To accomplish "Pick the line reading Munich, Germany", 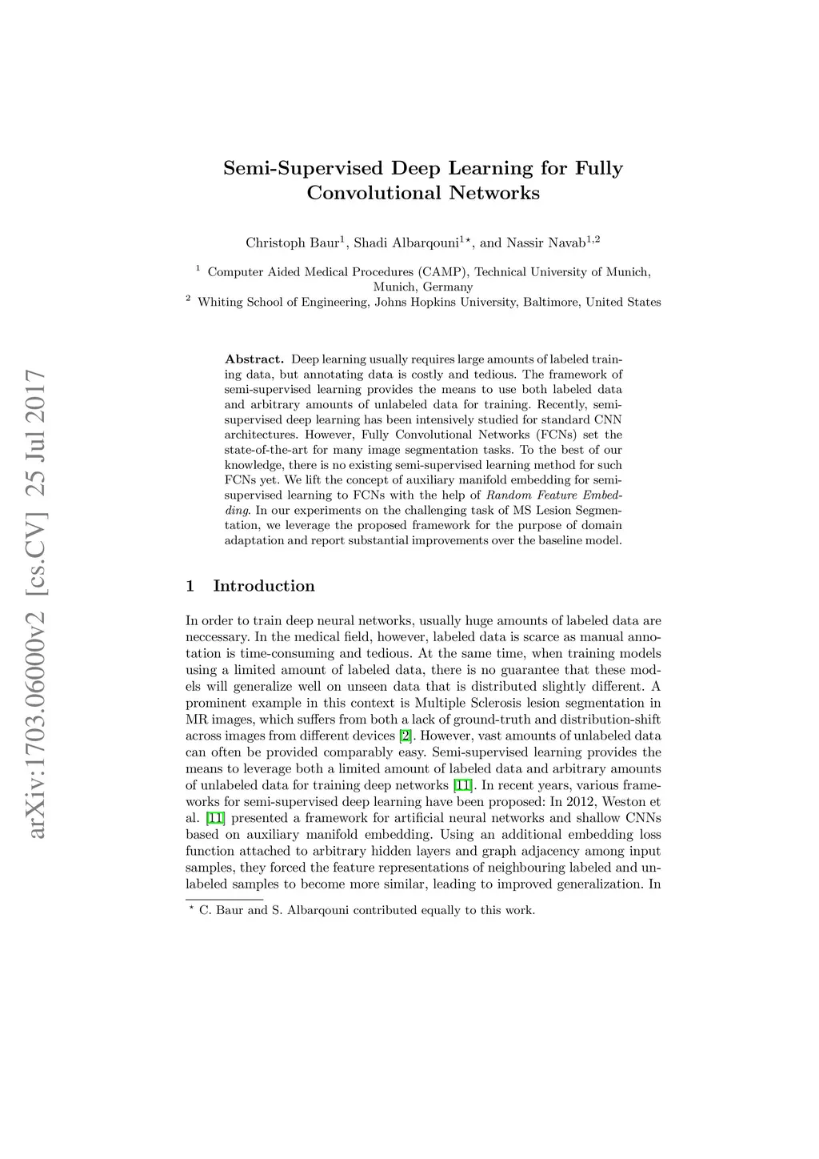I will (x=423, y=287).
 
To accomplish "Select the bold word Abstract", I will (x=254, y=359).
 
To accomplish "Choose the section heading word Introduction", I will (x=264, y=586).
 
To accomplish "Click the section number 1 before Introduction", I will (x=190, y=586).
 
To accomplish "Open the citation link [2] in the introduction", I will (x=406, y=736).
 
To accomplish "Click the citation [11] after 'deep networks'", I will (x=462, y=785).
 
